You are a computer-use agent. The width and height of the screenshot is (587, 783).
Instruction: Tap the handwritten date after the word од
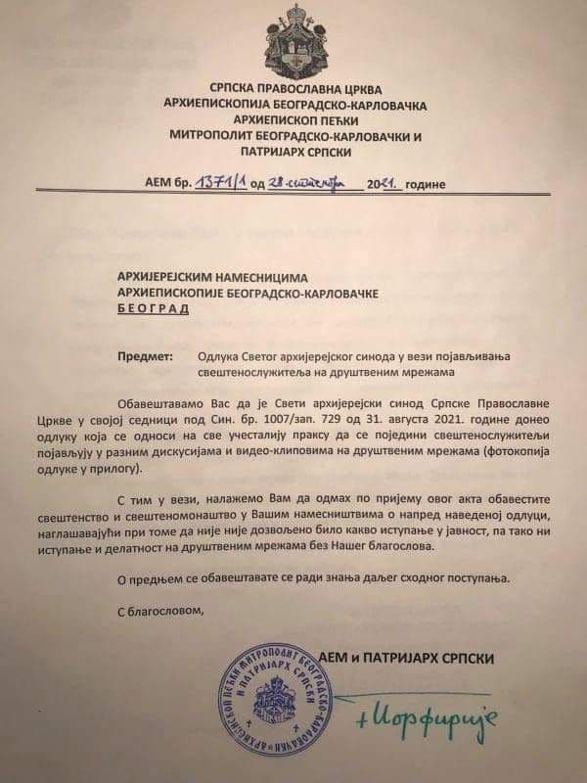309,183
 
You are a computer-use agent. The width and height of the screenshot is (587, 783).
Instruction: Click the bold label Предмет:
143,358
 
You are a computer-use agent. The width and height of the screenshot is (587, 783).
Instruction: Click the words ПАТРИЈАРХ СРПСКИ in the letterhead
293,153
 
